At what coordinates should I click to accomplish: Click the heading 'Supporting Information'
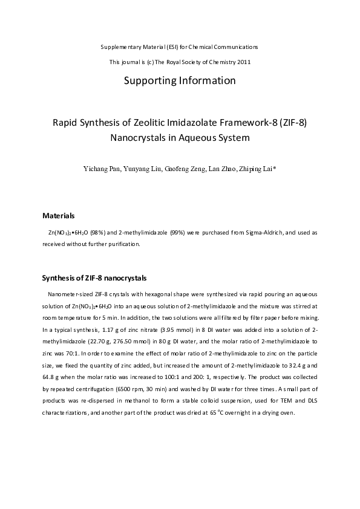(x=179, y=80)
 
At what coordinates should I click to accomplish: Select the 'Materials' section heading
(x=58, y=215)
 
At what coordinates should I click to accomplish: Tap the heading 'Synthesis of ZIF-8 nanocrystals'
(x=94, y=278)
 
